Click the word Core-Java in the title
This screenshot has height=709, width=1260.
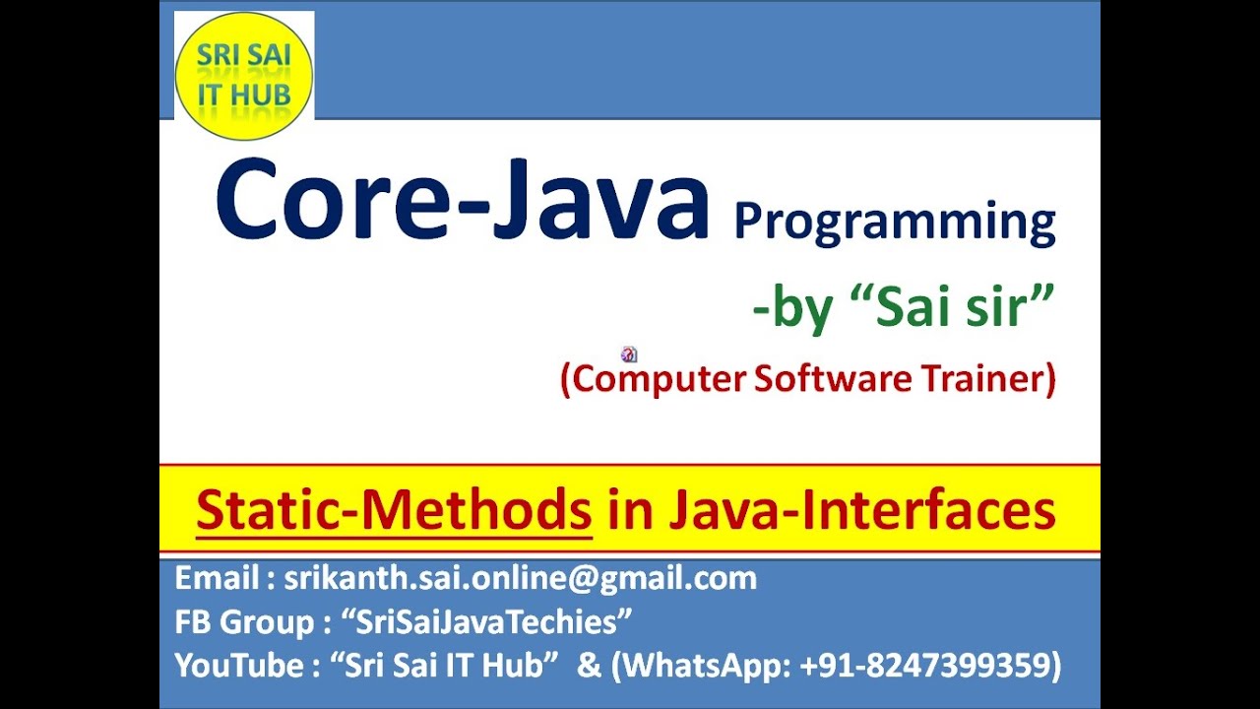(462, 202)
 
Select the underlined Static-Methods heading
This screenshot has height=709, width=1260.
(394, 510)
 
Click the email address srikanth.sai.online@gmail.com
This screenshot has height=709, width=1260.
(520, 578)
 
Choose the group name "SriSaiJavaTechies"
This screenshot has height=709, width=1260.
(486, 622)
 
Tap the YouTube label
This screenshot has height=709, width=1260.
(239, 666)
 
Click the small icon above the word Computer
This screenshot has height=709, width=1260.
(629, 354)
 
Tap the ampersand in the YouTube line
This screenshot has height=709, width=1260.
(589, 666)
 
